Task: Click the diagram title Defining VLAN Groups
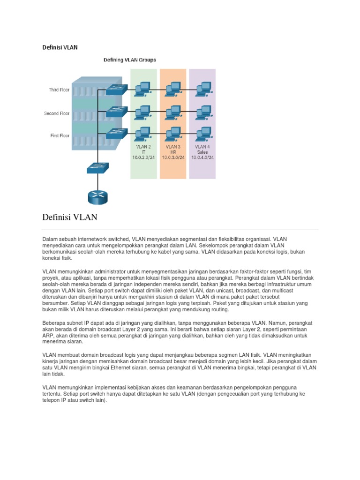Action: [x=130, y=60]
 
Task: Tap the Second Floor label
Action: [x=57, y=113]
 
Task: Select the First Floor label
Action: [x=59, y=135]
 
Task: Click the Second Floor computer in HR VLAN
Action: [x=172, y=111]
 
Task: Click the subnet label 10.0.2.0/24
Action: [x=143, y=157]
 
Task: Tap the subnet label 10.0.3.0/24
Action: [x=173, y=157]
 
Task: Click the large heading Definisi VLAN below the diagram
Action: [x=70, y=217]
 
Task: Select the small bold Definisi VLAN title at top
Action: [x=60, y=47]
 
